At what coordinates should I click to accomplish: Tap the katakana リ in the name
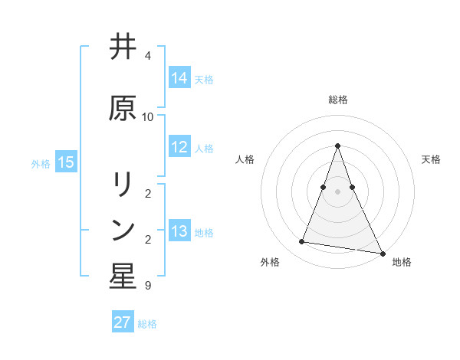click(x=123, y=184)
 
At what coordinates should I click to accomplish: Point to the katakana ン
click(x=123, y=231)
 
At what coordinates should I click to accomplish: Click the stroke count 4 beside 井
click(x=148, y=56)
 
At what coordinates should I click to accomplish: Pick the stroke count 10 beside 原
click(x=148, y=117)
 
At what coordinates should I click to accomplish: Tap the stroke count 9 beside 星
click(x=148, y=286)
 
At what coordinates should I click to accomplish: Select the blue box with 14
click(x=179, y=77)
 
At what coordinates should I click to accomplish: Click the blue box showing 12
click(x=179, y=148)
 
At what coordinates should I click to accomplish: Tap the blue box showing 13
click(x=179, y=231)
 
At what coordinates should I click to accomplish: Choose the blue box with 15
click(x=66, y=162)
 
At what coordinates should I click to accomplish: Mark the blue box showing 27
click(x=123, y=322)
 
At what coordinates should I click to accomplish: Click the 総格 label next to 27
click(x=147, y=324)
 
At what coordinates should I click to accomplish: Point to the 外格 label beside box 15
click(x=41, y=163)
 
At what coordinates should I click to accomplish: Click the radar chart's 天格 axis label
click(x=431, y=159)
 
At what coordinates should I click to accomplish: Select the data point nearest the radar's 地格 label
click(x=382, y=253)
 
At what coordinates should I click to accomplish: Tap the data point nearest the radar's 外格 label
click(x=301, y=242)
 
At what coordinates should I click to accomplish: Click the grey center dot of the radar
click(x=337, y=191)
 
